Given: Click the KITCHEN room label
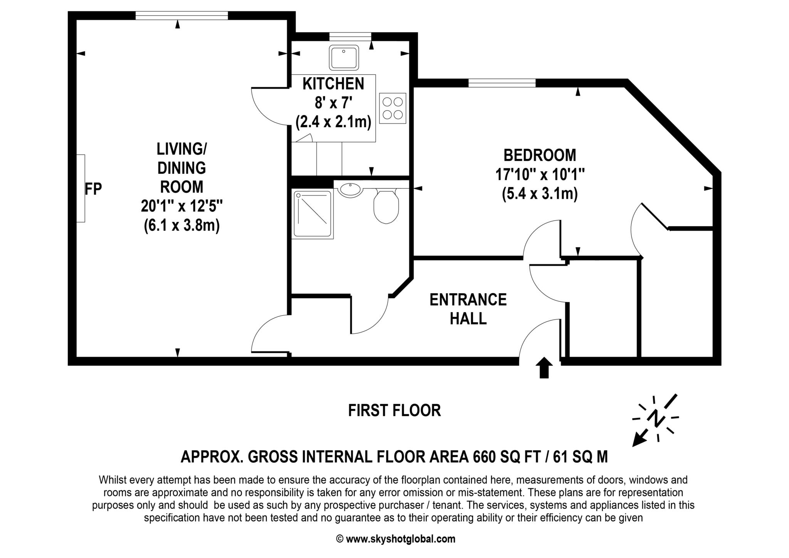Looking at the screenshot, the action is click(x=333, y=84).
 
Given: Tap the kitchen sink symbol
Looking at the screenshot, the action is click(x=344, y=57).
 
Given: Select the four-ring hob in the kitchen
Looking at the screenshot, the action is click(x=393, y=108).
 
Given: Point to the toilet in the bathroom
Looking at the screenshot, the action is click(x=386, y=206).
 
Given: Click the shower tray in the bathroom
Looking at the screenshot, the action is click(x=312, y=213).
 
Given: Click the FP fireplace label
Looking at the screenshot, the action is click(x=93, y=189).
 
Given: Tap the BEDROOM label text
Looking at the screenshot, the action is click(x=540, y=155).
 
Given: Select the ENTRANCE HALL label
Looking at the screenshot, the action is click(x=468, y=309).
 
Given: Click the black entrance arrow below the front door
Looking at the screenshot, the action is click(x=544, y=368).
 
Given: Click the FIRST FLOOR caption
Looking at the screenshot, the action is click(x=394, y=410).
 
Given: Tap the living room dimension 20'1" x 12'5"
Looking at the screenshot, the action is click(x=181, y=206).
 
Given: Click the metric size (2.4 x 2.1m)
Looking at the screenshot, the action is click(x=333, y=122).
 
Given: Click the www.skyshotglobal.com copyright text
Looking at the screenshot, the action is click(x=396, y=539).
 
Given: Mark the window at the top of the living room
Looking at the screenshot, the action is click(x=182, y=15).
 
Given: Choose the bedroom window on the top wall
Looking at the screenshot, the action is click(x=502, y=83).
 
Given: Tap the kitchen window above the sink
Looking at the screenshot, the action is click(x=350, y=37).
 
